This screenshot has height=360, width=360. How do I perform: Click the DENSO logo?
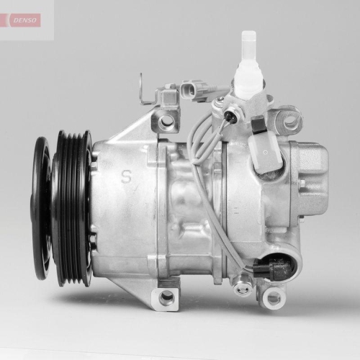pyautogui.click(x=26, y=19)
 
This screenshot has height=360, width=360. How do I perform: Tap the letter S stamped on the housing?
pyautogui.click(x=127, y=176)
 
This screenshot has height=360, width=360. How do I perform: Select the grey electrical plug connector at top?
pyautogui.click(x=192, y=90)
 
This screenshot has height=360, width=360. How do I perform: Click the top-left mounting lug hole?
pyautogui.click(x=167, y=121)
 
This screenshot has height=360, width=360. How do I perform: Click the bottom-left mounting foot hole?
pyautogui.click(x=167, y=297)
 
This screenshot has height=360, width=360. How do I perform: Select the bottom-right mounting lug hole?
pyautogui.click(x=273, y=297)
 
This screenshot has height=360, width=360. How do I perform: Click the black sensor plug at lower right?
pyautogui.click(x=277, y=269)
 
